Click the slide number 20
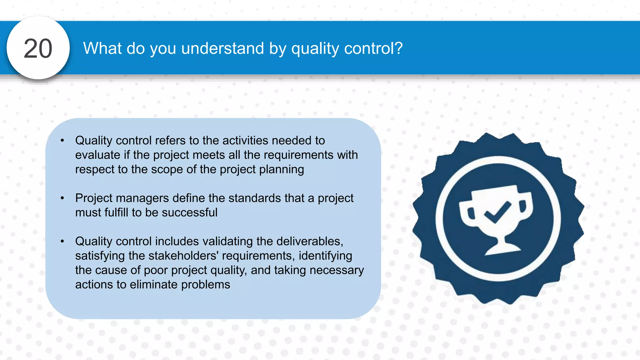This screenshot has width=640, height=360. (x=38, y=48)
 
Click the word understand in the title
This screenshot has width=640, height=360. (x=222, y=48)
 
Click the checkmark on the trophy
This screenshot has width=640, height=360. (x=497, y=212)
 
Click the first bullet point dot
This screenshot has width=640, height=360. (x=62, y=141)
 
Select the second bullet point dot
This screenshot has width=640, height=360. (x=62, y=198)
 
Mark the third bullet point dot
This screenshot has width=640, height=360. (x=62, y=241)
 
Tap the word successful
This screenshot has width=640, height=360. (x=189, y=212)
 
